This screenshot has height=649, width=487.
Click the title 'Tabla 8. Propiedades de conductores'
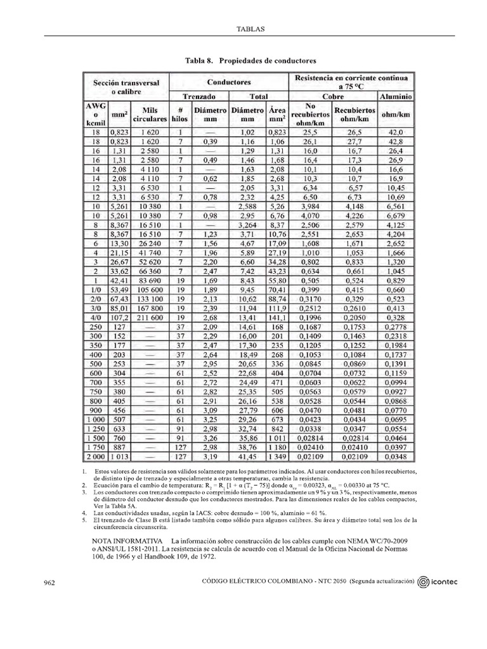(x=250, y=60)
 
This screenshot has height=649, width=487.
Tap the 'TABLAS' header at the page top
(x=250, y=29)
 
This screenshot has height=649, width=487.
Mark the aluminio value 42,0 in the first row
(x=396, y=132)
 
